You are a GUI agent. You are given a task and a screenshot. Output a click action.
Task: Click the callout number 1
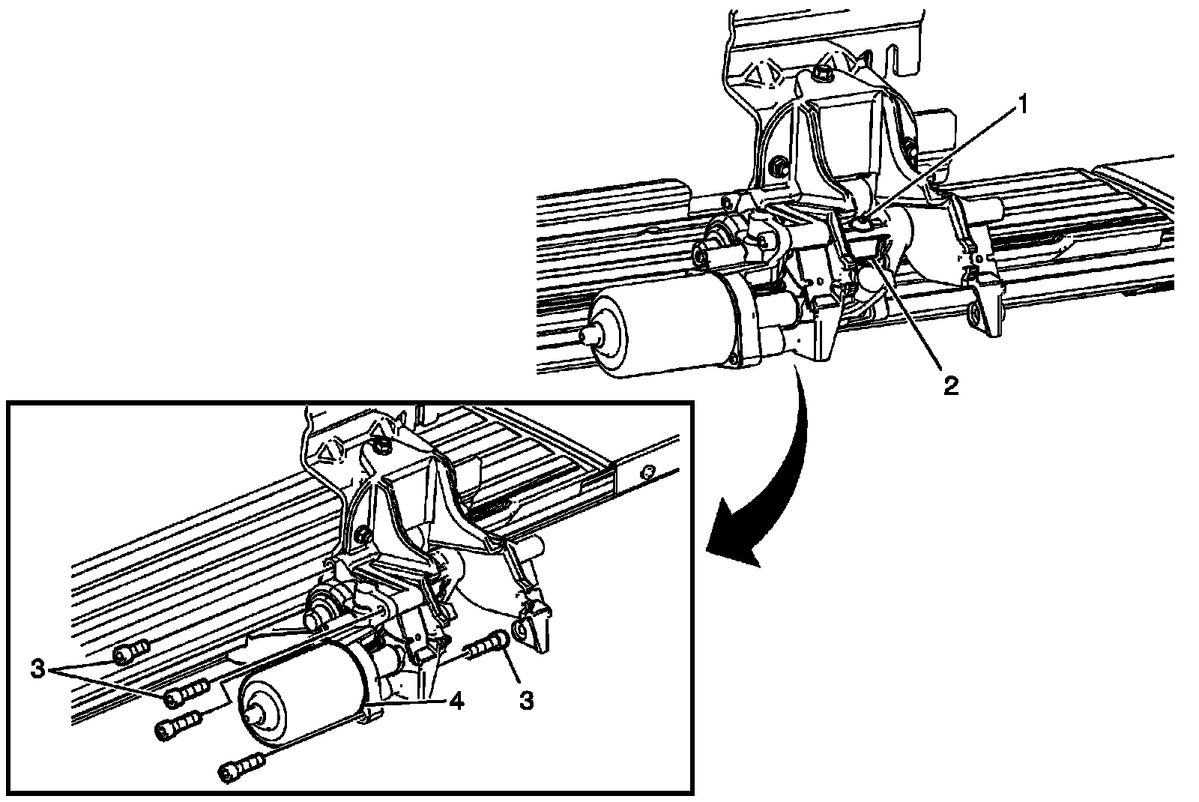1022,106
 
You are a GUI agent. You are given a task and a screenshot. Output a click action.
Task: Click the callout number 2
950,385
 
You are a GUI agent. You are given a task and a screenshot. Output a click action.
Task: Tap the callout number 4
456,701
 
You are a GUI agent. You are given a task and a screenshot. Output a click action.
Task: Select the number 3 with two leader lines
37,669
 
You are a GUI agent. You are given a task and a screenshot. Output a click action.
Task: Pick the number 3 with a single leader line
527,700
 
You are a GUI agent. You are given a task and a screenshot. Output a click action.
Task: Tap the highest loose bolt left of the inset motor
131,651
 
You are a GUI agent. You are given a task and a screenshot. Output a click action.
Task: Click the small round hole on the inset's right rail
647,471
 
